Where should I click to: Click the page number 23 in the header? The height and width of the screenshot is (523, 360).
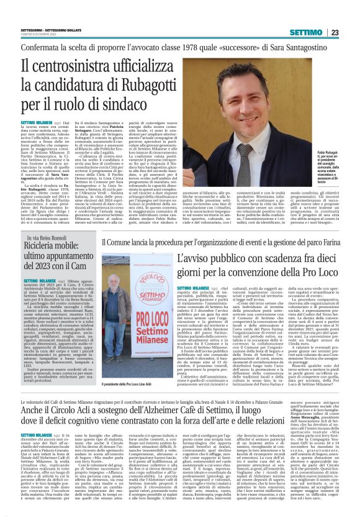[x=351, y=32]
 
